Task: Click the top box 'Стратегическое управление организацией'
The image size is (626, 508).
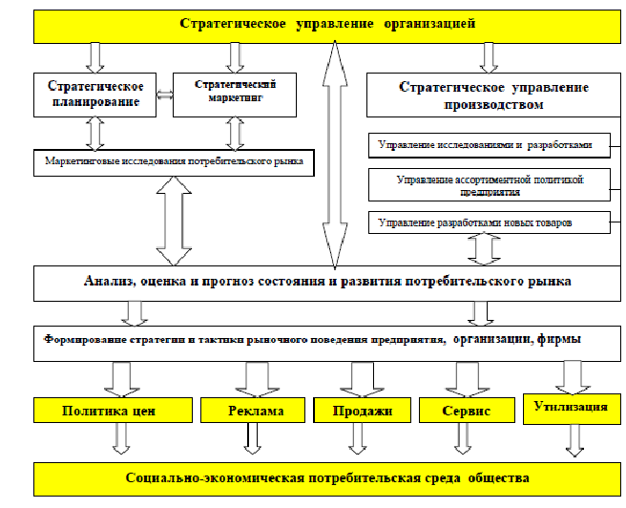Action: click(x=326, y=23)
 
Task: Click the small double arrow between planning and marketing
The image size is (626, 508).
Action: click(x=164, y=95)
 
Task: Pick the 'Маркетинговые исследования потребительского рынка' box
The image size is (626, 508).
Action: click(x=174, y=161)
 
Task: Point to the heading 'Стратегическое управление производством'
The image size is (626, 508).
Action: click(x=492, y=95)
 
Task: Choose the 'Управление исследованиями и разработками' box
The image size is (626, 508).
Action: click(x=487, y=146)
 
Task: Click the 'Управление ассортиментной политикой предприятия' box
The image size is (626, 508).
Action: click(x=487, y=184)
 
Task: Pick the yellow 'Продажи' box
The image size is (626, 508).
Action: click(x=362, y=412)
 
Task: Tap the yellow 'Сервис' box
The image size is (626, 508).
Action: click(x=466, y=412)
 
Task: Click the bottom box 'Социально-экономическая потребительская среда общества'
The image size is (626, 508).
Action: click(x=326, y=477)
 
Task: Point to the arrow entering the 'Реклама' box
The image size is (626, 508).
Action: click(x=254, y=379)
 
